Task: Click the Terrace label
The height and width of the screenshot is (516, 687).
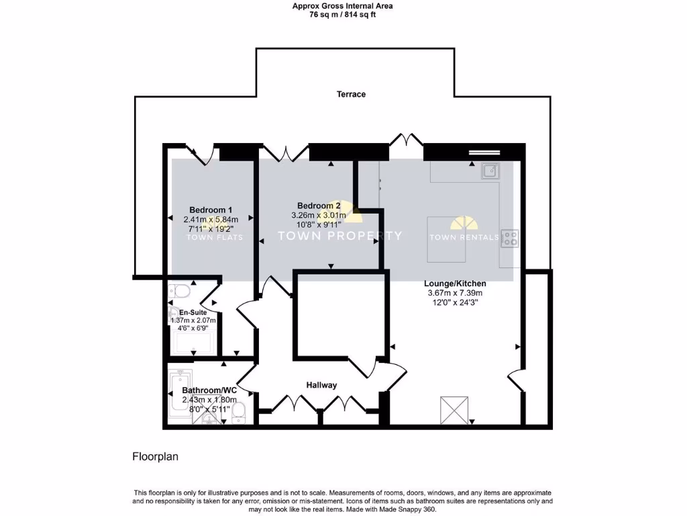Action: (351, 95)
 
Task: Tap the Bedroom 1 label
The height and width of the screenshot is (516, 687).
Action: (210, 210)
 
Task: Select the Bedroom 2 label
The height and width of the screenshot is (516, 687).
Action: (319, 206)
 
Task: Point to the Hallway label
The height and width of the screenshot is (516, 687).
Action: (321, 385)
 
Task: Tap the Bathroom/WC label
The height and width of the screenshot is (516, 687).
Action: (210, 390)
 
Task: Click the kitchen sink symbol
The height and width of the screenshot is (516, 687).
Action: (490, 171)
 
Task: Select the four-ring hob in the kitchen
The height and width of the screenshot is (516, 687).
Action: (510, 238)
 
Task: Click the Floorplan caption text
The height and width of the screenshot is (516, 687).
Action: (155, 456)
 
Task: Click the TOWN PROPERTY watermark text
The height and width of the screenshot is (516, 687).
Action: (340, 236)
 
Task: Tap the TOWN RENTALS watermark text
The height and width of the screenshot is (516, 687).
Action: (464, 237)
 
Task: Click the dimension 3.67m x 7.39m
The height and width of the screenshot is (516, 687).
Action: (455, 293)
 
